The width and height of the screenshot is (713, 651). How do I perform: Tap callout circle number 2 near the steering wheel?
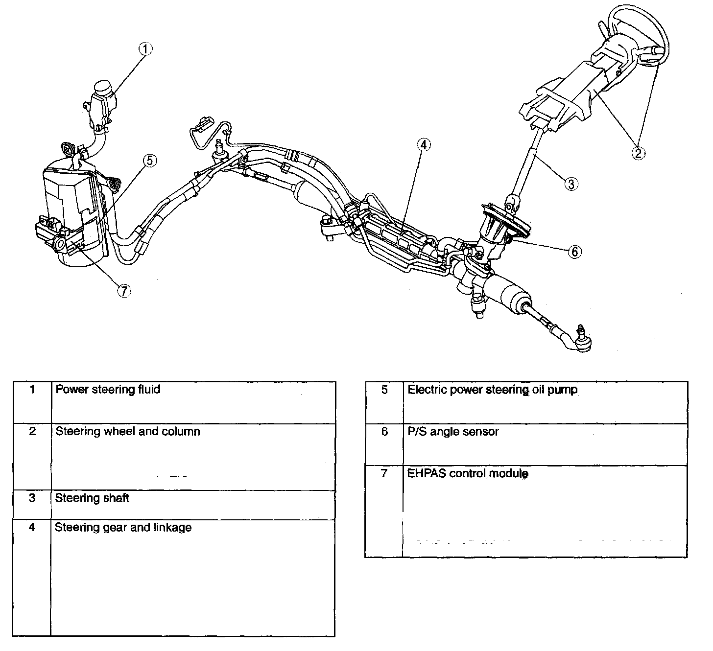click(638, 153)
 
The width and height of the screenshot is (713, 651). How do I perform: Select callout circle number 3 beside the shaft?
click(571, 184)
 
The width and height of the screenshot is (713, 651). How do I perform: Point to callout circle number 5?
click(149, 160)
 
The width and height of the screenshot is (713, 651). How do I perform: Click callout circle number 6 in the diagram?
click(575, 252)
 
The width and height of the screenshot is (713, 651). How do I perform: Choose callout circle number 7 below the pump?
click(124, 291)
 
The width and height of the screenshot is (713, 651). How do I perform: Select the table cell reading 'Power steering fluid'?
click(108, 390)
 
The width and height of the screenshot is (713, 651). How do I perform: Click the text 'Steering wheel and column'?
click(127, 432)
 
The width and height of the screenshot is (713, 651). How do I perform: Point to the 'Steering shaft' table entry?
click(92, 498)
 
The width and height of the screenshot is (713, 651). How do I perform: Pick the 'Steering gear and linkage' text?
click(123, 528)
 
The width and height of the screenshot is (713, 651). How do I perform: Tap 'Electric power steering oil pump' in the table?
click(492, 390)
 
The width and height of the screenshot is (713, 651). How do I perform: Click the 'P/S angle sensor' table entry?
click(453, 432)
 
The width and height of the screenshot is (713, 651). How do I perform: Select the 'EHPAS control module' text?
click(468, 474)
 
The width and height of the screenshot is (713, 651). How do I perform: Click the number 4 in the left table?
click(32, 528)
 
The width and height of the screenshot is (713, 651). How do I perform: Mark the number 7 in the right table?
click(384, 474)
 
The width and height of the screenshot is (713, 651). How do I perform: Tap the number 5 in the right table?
click(384, 390)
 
